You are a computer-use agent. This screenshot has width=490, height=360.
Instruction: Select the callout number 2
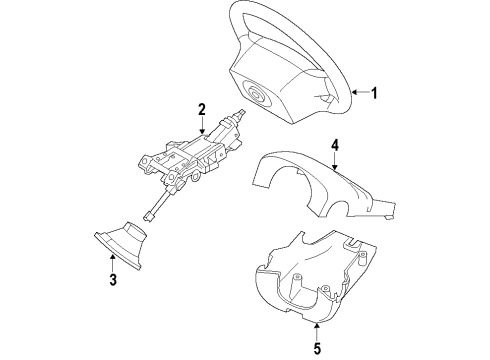[201, 108]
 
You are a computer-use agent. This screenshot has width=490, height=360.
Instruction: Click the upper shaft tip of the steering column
[242, 118]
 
